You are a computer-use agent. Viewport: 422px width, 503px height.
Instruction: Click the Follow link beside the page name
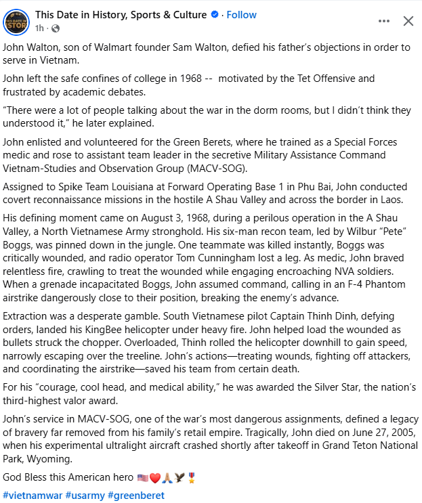(241, 15)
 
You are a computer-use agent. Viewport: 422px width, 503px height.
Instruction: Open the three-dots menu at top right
(385, 21)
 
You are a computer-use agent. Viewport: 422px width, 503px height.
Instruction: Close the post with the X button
(408, 21)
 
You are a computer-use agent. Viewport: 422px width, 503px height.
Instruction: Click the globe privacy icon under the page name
(56, 28)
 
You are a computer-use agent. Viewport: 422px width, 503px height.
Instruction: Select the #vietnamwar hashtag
(32, 495)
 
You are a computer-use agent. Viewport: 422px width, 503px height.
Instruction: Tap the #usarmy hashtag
(85, 495)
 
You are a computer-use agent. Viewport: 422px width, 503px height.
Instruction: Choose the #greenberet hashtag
(135, 495)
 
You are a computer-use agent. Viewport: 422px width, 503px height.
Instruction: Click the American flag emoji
(142, 477)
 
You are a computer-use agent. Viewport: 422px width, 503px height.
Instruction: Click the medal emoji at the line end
(192, 477)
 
